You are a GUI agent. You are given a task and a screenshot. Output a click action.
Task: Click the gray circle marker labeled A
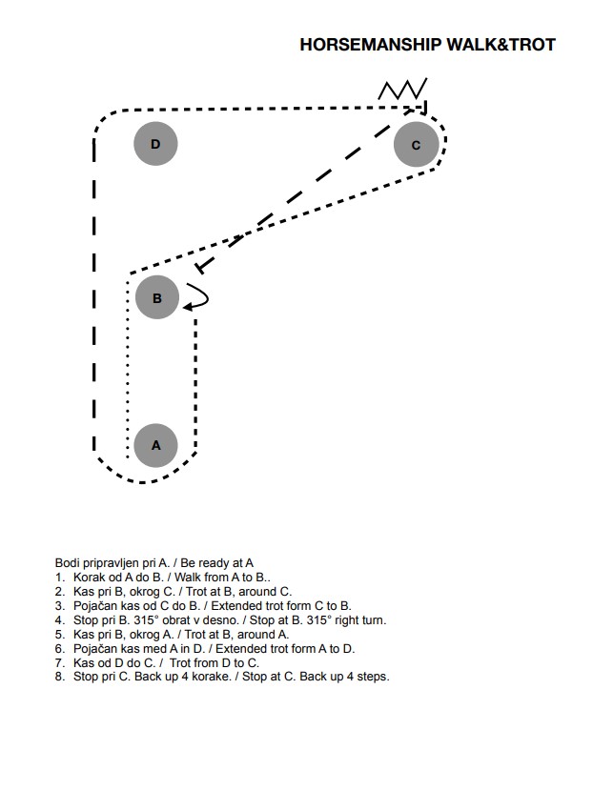[156, 445]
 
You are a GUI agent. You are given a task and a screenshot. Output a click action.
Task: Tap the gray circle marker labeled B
[157, 297]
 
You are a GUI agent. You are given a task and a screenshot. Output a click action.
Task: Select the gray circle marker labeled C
[416, 145]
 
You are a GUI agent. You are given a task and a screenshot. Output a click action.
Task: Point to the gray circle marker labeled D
[155, 144]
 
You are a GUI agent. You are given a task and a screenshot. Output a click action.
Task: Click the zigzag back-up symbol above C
[402, 89]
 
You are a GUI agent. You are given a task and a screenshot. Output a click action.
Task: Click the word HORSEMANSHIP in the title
[371, 45]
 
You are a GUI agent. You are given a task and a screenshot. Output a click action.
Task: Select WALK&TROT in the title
[501, 45]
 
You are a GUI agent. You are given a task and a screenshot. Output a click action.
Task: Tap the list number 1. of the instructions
[59, 578]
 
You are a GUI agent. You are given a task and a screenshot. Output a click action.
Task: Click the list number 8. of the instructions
[60, 677]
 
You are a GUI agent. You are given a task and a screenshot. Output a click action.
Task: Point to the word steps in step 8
[374, 677]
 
